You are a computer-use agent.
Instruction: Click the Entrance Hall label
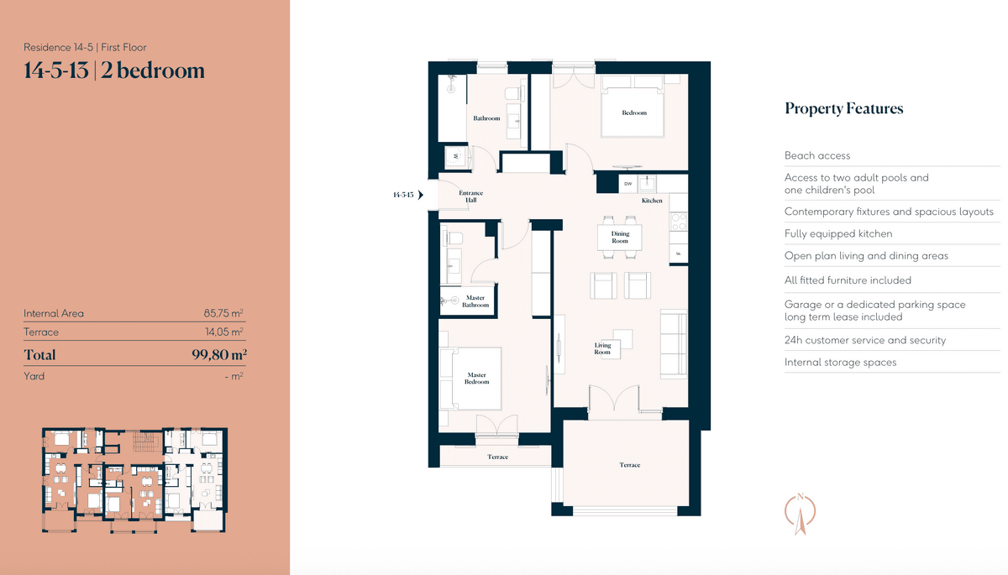pos(470,196)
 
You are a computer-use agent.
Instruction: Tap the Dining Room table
pos(620,238)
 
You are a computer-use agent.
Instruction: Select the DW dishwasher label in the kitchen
pos(627,184)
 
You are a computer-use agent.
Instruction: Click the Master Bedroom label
pos(476,378)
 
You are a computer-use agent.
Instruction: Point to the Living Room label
pos(602,348)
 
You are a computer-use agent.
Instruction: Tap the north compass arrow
pos(800,515)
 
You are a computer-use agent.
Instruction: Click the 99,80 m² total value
pos(219,355)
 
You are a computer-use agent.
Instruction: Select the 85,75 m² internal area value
pos(223,313)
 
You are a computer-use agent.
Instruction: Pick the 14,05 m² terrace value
pos(224,332)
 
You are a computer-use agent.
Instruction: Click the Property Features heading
pos(843,109)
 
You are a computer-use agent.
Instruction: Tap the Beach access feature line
pos(817,155)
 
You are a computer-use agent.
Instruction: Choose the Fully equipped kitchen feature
pos(838,233)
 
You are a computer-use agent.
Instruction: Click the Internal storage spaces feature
pos(840,363)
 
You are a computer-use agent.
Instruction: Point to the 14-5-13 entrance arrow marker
pos(421,195)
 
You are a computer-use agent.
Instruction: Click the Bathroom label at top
pos(486,118)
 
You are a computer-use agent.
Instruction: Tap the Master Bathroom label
pos(475,301)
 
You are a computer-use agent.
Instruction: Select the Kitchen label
pos(652,201)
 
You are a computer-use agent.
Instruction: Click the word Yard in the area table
pos(34,376)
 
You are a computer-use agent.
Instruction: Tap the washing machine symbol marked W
pos(456,156)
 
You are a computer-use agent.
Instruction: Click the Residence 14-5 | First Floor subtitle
pos(85,47)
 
